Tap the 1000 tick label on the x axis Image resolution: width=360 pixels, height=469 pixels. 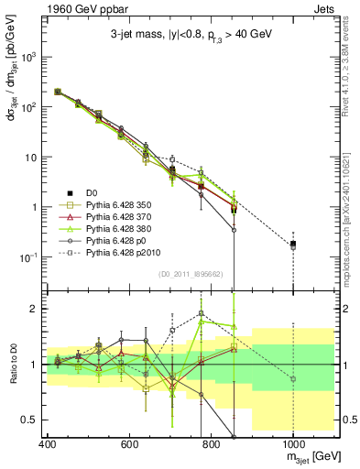point(292,444)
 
